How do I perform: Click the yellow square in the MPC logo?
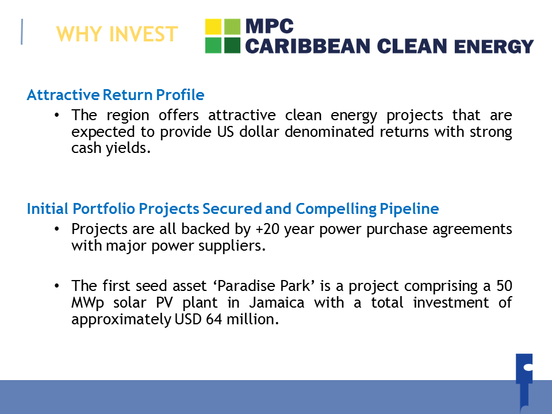point(213,26)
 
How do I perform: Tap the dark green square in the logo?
point(232,45)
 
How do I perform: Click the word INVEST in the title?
point(143,34)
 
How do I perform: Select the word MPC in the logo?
point(269,26)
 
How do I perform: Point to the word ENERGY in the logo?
point(494,47)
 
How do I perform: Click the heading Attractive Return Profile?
point(116,95)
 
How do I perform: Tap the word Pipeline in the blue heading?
point(409,209)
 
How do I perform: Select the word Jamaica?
point(277,303)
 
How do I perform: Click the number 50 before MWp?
point(504,286)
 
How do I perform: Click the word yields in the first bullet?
point(128,148)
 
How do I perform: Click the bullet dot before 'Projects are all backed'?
point(57,229)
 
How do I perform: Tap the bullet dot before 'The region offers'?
point(57,115)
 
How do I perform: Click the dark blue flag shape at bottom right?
point(524,382)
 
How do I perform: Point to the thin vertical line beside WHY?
point(22,32)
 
